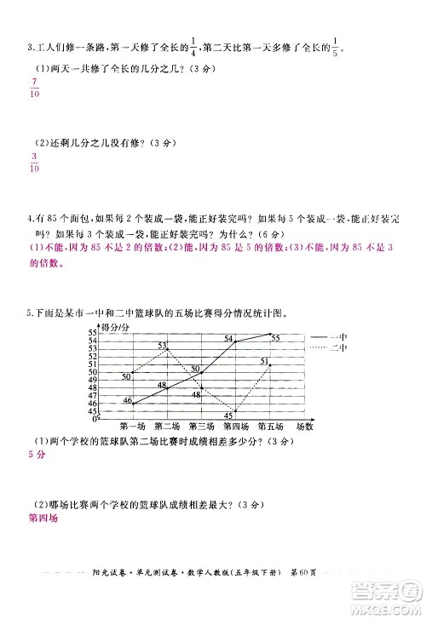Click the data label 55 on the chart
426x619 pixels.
tap(275, 338)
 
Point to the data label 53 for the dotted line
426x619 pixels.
tap(162, 346)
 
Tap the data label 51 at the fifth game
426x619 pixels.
tap(265, 363)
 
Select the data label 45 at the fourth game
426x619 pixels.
tap(228, 415)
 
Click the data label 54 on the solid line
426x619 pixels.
tap(228, 340)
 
